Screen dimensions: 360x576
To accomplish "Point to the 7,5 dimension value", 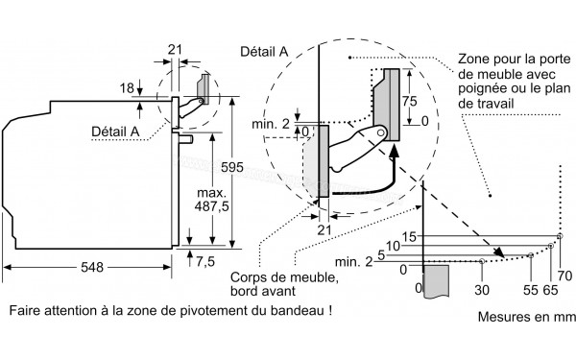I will point(205,261).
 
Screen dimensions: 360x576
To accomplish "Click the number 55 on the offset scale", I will point(531,287).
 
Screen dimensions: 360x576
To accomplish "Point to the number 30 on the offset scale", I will point(481,287).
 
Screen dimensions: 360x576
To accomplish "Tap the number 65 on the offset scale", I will point(550,287).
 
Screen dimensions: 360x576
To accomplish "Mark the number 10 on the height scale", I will point(393,246).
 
